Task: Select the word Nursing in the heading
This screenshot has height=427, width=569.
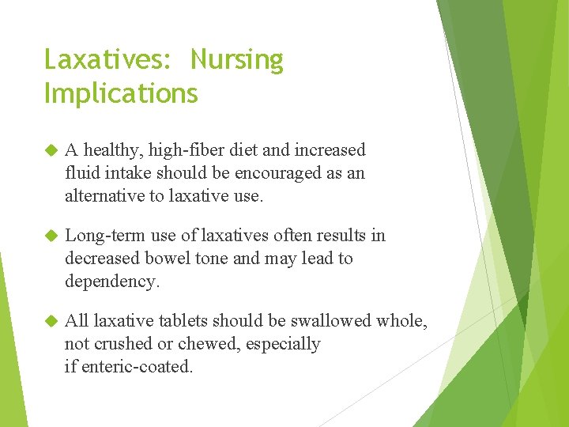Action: point(236,60)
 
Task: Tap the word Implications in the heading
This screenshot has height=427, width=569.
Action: point(121,93)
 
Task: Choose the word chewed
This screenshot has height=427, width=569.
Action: point(204,344)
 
